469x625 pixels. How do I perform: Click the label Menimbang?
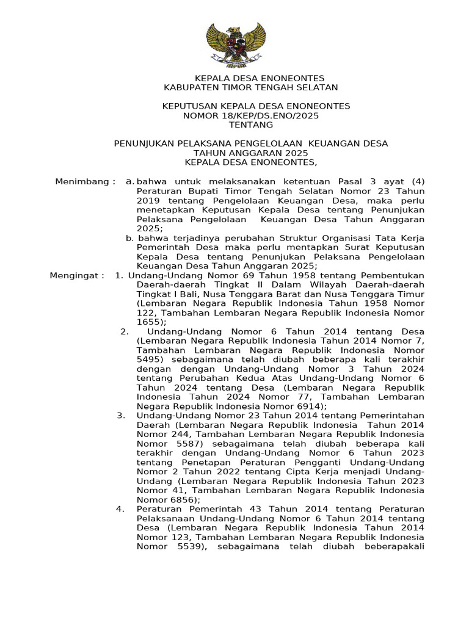pyautogui.click(x=82, y=181)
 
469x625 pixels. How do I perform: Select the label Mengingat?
pyautogui.click(x=76, y=275)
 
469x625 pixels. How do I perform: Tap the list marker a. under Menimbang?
pyautogui.click(x=129, y=181)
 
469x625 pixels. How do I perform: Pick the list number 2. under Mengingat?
pyautogui.click(x=125, y=331)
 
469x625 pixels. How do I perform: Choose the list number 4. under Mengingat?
pyautogui.click(x=120, y=509)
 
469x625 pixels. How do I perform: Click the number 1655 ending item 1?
pyautogui.click(x=148, y=322)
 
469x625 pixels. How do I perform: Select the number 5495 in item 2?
pyautogui.click(x=148, y=360)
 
